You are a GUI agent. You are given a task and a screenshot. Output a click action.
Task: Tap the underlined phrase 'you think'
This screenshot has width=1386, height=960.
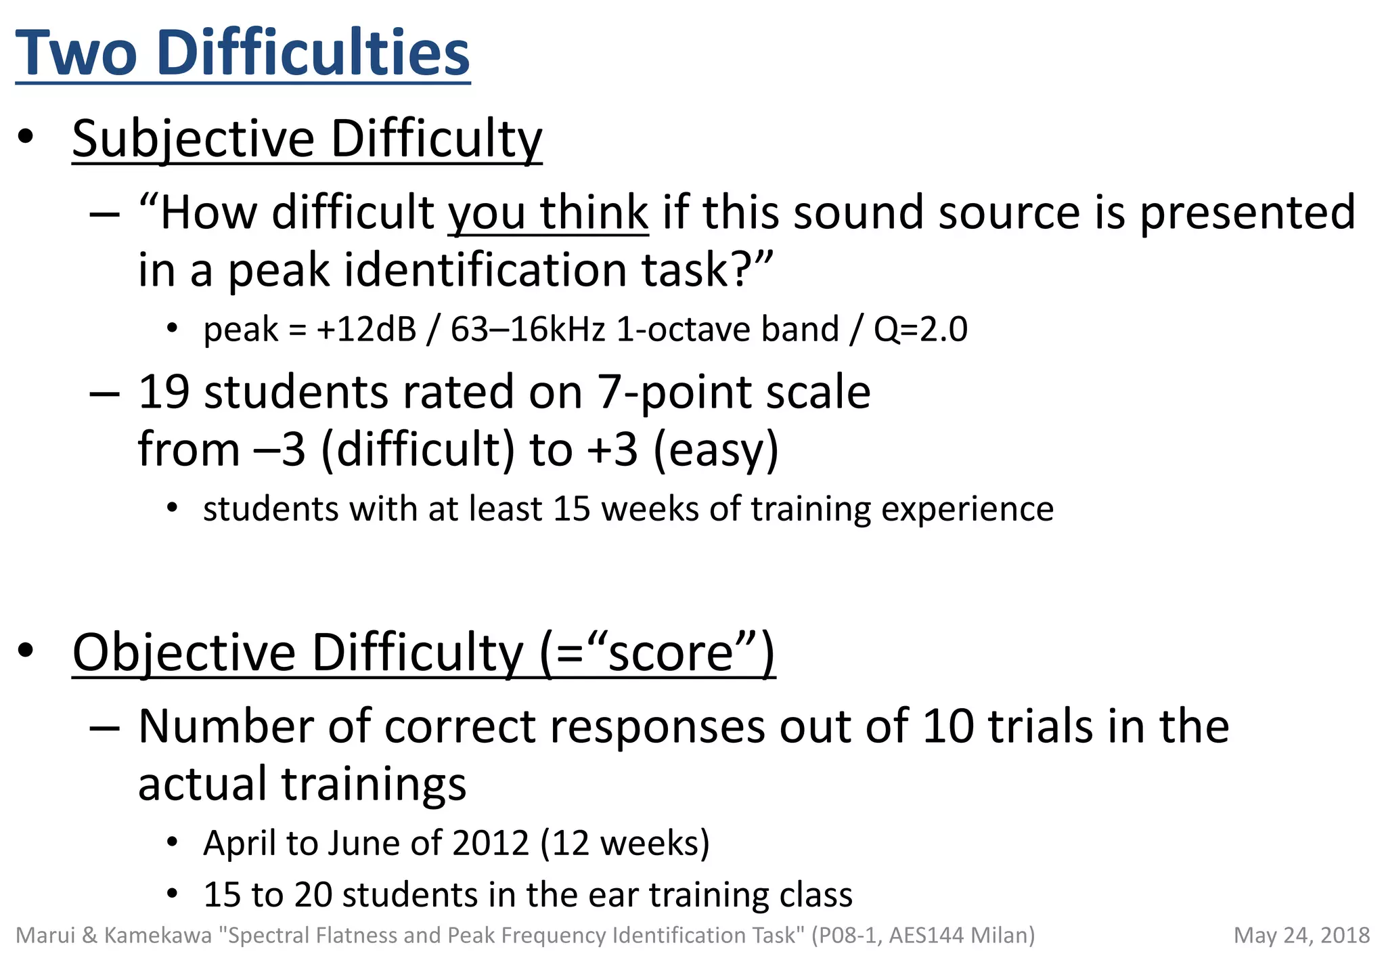pyautogui.click(x=548, y=213)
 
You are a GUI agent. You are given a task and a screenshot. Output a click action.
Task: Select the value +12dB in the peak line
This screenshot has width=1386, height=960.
pyautogui.click(x=366, y=330)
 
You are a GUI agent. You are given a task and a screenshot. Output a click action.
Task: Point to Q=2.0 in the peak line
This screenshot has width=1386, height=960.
pyautogui.click(x=920, y=330)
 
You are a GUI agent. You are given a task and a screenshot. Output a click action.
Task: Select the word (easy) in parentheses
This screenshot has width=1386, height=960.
pyautogui.click(x=715, y=450)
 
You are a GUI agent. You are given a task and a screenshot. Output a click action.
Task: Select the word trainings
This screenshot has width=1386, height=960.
pyautogui.click(x=374, y=784)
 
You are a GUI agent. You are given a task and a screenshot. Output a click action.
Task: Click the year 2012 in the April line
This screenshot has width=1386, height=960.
pyautogui.click(x=491, y=844)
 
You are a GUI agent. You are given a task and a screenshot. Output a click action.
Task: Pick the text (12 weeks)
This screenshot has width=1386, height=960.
pyautogui.click(x=625, y=844)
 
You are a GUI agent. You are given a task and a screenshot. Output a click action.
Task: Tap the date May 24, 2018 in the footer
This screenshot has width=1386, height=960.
pyautogui.click(x=1301, y=936)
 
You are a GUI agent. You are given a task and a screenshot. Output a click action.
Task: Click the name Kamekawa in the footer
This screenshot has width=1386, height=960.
pyautogui.click(x=158, y=936)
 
